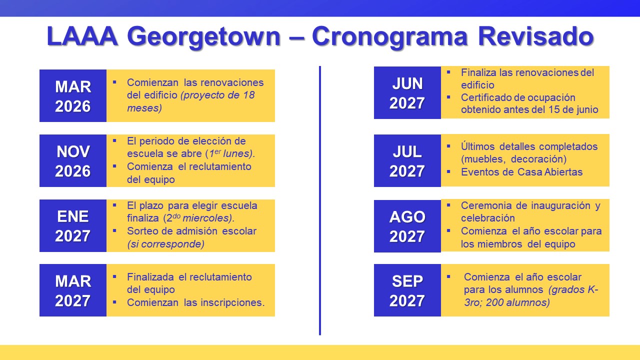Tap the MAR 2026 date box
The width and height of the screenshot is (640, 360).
pyautogui.click(x=73, y=96)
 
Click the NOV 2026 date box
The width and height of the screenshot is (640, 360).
pyautogui.click(x=73, y=161)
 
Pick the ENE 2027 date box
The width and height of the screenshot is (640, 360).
pyautogui.click(x=73, y=226)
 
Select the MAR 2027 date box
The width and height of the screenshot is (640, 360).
pyautogui.click(x=73, y=290)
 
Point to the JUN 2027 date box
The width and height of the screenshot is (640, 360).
pyautogui.click(x=407, y=93)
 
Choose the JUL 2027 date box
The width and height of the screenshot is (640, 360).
pyautogui.click(x=407, y=161)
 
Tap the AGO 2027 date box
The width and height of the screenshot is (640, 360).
pyautogui.click(x=407, y=226)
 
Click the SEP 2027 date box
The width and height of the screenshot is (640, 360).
pyautogui.click(x=407, y=290)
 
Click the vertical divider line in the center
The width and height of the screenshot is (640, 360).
pyautogui.click(x=320, y=200)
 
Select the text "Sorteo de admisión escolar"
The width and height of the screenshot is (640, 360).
pyautogui.click(x=191, y=231)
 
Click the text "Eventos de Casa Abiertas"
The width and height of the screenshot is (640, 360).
pyautogui.click(x=521, y=172)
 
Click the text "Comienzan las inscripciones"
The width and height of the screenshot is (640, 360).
pyautogui.click(x=195, y=302)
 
